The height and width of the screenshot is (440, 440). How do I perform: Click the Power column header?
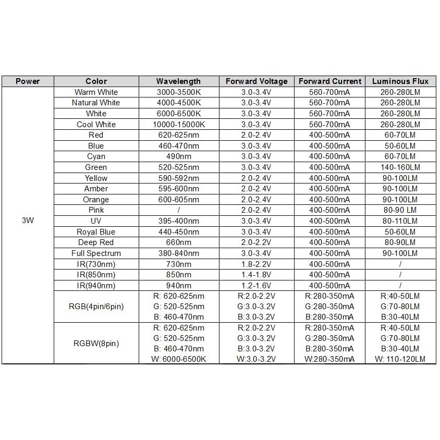(28, 81)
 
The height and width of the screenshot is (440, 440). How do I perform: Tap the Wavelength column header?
(178, 81)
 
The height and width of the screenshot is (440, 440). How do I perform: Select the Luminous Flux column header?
(400, 81)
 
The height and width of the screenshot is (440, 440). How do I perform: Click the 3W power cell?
(28, 221)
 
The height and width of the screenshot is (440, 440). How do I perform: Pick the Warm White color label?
(96, 92)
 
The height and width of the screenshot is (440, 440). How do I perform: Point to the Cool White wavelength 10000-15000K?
(178, 125)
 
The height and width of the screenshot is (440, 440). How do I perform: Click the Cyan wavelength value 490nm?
(178, 156)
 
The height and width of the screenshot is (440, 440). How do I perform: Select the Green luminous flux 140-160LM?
(400, 167)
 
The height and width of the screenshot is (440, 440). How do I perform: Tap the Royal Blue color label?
(96, 232)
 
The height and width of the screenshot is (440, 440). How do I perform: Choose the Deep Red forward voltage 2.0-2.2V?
(256, 242)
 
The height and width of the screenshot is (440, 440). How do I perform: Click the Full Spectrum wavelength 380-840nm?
(178, 253)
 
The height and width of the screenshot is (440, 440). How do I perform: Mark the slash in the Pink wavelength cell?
(178, 210)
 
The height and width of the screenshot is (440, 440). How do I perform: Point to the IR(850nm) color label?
(96, 275)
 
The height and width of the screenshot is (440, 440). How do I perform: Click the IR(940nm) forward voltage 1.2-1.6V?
(256, 286)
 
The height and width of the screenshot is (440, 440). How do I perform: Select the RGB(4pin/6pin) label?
(96, 307)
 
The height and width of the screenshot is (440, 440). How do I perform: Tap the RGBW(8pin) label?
(96, 344)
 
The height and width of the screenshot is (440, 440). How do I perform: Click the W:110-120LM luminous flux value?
(400, 359)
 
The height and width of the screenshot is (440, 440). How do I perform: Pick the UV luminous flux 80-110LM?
(400, 221)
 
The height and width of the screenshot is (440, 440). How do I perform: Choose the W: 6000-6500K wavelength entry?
(178, 359)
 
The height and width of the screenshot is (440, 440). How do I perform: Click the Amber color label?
(96, 189)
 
